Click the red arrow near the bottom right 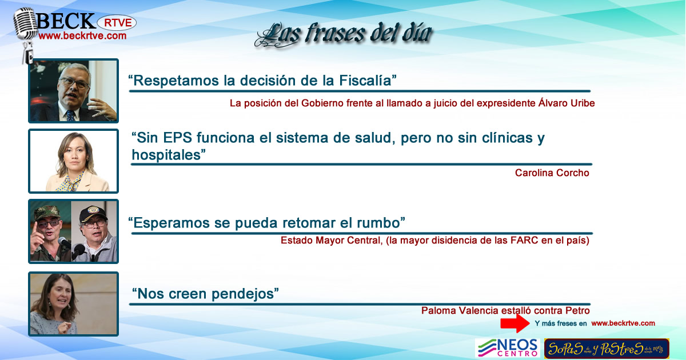515,323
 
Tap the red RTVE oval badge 117,23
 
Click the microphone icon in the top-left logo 25,34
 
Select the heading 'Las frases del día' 344,34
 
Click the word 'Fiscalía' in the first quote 368,81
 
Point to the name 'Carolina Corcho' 552,173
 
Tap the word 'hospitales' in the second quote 169,155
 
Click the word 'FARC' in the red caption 524,241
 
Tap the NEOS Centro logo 507,348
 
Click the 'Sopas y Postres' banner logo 607,349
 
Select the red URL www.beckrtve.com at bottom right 623,323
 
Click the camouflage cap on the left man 47,212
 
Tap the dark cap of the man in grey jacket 93,213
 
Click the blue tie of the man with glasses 71,115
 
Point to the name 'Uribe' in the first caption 582,103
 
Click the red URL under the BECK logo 82,36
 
